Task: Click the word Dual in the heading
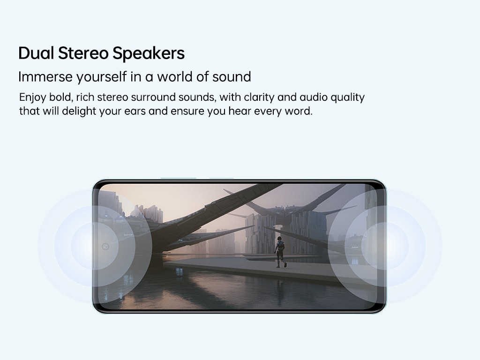[36, 53]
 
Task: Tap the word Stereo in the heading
[83, 53]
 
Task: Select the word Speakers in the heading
[149, 53]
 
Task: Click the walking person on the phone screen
[280, 252]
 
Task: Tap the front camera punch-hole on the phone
[105, 247]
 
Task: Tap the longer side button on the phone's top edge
[178, 178]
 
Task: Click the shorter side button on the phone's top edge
[221, 178]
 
